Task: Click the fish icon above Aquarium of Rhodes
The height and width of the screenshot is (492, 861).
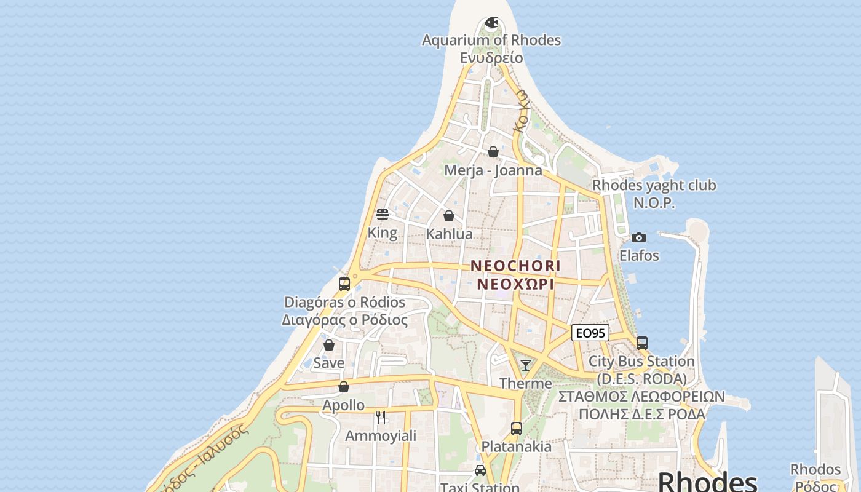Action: tap(491, 23)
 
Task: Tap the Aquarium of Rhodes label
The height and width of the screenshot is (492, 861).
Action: tap(491, 41)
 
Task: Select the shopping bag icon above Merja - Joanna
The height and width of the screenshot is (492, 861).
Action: tap(493, 152)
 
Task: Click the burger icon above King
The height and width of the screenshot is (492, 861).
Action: tap(383, 215)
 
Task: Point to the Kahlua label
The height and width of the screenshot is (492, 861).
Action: tap(450, 234)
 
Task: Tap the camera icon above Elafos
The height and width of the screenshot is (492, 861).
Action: tap(639, 237)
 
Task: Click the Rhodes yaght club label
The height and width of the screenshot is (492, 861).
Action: tap(654, 186)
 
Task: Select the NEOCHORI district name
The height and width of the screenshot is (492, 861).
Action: tap(515, 266)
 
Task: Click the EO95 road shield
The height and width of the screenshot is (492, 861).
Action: tap(590, 333)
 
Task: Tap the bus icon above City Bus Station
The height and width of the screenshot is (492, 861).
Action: tap(642, 343)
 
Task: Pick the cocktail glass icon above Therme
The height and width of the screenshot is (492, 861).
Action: tap(525, 365)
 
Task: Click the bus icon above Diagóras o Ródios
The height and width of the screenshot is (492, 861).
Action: tap(344, 284)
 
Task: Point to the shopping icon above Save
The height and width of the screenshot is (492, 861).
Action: tap(329, 345)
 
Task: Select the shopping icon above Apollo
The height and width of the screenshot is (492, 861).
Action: tap(344, 387)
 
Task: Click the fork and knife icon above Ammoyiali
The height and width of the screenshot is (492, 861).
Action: tap(381, 418)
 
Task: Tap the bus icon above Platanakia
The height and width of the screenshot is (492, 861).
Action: tap(517, 429)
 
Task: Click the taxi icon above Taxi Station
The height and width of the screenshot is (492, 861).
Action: tap(480, 470)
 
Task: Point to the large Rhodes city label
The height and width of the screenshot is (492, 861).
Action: tap(707, 482)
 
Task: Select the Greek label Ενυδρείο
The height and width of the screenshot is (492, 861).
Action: tap(491, 58)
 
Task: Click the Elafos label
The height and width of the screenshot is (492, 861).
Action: tap(639, 256)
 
